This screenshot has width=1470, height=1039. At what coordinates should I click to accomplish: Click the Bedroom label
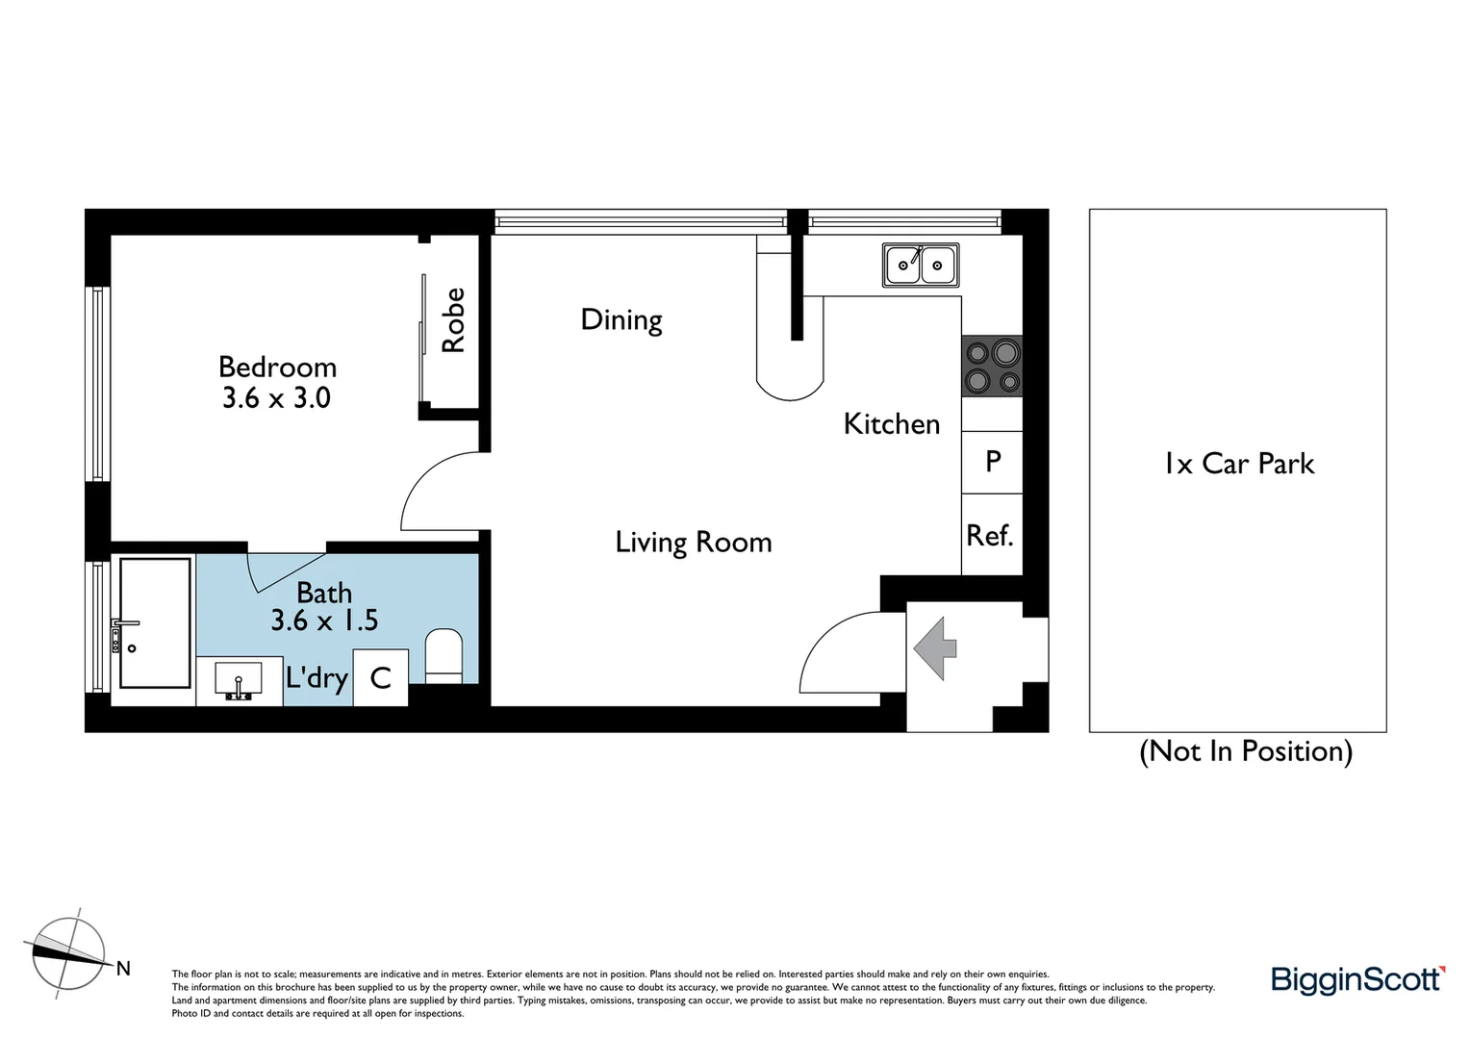coord(277,367)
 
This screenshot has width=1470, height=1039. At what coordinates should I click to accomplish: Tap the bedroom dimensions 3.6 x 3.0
coord(276,397)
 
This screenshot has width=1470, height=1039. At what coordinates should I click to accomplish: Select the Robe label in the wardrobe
coord(453,320)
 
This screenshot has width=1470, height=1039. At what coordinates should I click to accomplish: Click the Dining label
coord(621,319)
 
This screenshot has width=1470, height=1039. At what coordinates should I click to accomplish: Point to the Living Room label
coord(693,542)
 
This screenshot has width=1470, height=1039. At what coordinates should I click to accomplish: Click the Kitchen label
coord(891,423)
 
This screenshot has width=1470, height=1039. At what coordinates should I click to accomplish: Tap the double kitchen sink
coord(921,265)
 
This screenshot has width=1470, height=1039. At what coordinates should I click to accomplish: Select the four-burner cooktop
coord(992,367)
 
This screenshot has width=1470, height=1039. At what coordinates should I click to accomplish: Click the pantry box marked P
coord(993,462)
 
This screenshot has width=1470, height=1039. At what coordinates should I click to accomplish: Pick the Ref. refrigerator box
coord(991,535)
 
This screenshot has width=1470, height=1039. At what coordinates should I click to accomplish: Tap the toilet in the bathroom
coord(444,656)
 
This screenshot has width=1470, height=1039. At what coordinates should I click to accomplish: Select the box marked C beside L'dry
coord(381,677)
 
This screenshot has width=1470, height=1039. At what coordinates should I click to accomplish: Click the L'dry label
coord(317,677)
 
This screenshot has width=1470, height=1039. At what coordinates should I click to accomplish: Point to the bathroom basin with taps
coord(239,681)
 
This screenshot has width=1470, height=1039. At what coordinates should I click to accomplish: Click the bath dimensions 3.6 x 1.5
coord(324,621)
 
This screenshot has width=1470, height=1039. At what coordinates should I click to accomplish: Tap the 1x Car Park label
coord(1238,464)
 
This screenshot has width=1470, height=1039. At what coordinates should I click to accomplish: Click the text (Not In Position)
coord(1246,750)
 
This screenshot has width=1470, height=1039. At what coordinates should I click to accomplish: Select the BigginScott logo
coord(1357,979)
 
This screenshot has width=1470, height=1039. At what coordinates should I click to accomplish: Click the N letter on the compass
coord(123,969)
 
